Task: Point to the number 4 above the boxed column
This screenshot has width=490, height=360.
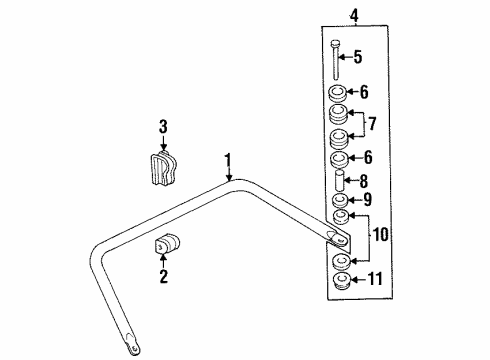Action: click(x=339, y=15)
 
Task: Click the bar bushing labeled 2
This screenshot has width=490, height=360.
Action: click(x=165, y=246)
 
